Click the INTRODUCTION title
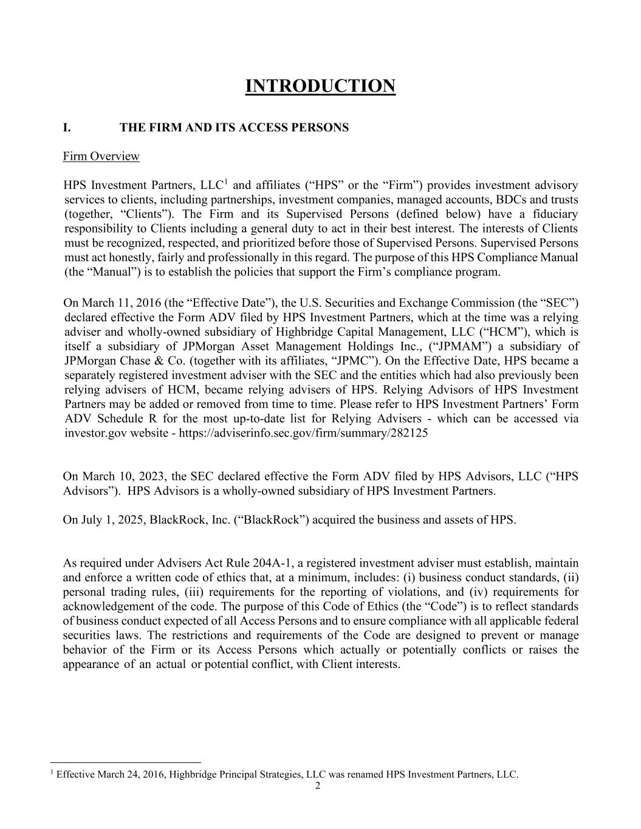click(x=320, y=86)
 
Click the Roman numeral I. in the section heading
click(x=67, y=128)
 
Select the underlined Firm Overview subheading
click(x=101, y=157)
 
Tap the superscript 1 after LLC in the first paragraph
click(x=225, y=182)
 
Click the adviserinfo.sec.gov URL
click(x=303, y=433)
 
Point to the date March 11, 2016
click(x=115, y=302)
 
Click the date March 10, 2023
click(x=115, y=476)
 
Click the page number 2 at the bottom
click(x=318, y=786)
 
